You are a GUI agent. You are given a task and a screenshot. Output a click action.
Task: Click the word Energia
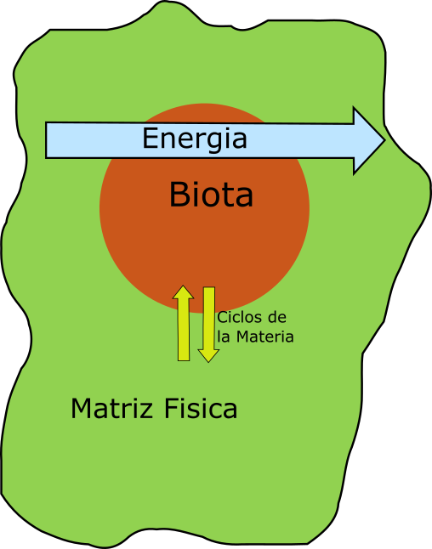pos(195,139)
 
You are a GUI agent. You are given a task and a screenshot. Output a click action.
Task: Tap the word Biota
pos(211,195)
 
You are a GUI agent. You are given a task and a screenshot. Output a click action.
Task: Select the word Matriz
pos(111,408)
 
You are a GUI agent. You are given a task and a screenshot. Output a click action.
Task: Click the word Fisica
pos(201,408)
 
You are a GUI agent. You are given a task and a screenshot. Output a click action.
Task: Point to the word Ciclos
pos(240,318)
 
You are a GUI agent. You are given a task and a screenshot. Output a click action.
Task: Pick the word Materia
pos(264,337)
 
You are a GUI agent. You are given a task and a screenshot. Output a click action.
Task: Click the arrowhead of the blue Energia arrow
pos(369,140)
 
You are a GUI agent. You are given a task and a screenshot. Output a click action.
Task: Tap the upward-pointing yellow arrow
pos(183,323)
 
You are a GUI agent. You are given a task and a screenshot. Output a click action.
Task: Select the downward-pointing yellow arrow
pos(209,325)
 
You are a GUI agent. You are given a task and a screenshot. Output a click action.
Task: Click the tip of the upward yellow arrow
pos(183,286)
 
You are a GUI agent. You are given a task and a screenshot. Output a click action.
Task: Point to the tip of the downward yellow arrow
pos(209,362)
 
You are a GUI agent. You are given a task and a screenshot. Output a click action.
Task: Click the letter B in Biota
pos(179,195)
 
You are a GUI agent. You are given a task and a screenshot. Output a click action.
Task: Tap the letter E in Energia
pos(150,138)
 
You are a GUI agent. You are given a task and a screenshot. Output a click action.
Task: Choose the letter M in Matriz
pos(81,408)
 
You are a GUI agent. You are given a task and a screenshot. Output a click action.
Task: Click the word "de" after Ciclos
pos(277,318)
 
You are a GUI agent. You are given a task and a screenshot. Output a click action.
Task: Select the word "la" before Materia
pos(224,337)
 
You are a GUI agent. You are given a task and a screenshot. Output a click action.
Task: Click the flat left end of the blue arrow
pos(46,140)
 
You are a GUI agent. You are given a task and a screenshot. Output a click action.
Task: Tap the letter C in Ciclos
pos(222,318)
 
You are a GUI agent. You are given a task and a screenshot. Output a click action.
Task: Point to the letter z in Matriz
pos(146,410)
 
